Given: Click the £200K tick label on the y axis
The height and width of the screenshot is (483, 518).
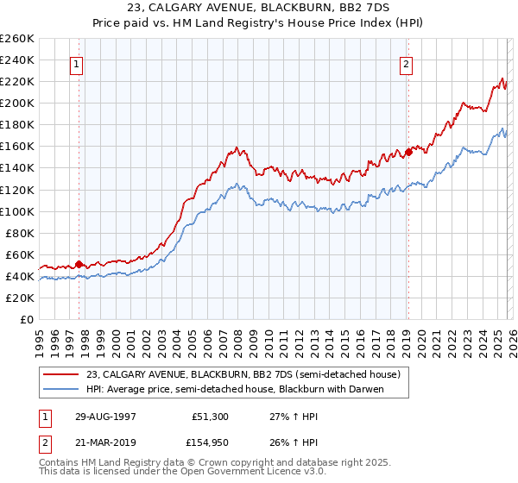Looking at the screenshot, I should pos(17,103).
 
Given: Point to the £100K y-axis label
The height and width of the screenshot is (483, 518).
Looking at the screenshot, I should pos(17,211).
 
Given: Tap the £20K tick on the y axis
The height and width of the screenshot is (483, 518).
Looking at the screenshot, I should pos(20,298).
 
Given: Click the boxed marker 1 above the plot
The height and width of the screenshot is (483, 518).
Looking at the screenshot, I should pos(78,64).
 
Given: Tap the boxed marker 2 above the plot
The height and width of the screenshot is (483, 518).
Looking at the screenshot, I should pos(406,64).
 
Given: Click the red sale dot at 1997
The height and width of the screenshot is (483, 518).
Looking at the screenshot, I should pos(79,264).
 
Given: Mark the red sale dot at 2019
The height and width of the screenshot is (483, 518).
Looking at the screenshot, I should pos(408,152).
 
